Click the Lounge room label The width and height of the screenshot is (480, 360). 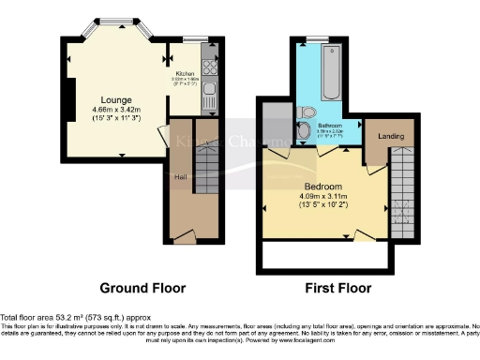click(117, 99)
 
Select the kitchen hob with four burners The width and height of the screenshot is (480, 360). click(211, 68)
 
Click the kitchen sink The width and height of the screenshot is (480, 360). click(210, 92)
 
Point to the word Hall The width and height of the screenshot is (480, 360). click(180, 175)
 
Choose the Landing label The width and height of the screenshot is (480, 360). click(390, 137)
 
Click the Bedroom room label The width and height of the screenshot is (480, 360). click(323, 186)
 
